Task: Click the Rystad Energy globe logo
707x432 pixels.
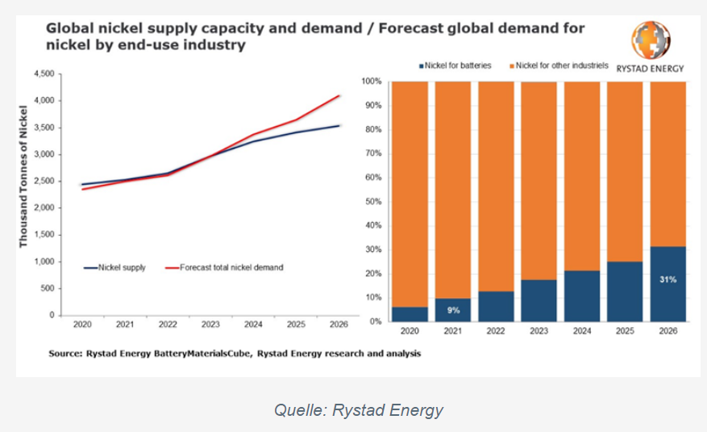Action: coord(651,40)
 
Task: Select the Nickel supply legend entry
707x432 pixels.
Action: coord(114,268)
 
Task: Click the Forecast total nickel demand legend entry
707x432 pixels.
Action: coord(224,268)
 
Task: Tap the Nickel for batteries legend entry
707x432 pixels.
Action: coord(455,65)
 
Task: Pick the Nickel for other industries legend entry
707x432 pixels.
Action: coord(559,65)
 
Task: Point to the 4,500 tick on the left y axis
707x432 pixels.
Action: coord(44,73)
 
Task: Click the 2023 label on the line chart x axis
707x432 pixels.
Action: coord(210,324)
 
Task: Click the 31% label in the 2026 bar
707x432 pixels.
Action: coord(667,279)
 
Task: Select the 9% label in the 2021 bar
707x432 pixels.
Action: coord(453,310)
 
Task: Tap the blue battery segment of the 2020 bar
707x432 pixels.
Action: coord(410,314)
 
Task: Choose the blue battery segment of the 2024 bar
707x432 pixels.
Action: coord(582,296)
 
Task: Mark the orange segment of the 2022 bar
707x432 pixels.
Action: coord(496,187)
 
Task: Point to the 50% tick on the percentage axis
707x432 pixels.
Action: coord(374,201)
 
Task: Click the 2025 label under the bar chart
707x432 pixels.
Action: coord(625,331)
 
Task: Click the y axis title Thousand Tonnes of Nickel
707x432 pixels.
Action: coord(23,177)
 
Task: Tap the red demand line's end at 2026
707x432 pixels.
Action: coord(339,96)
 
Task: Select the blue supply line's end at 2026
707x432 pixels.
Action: coord(339,125)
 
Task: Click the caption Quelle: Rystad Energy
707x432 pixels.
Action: coord(359,410)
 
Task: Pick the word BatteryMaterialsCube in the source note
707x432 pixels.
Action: coord(202,354)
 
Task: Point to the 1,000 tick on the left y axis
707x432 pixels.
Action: coord(44,262)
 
